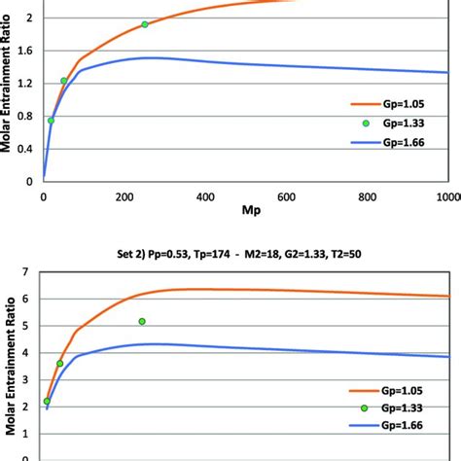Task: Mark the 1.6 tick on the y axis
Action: [x=25, y=52]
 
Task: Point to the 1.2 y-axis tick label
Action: [x=25, y=85]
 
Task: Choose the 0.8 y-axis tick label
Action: [x=25, y=118]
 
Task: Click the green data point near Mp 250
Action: [x=145, y=24]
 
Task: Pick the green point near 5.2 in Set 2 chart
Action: [x=142, y=321]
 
